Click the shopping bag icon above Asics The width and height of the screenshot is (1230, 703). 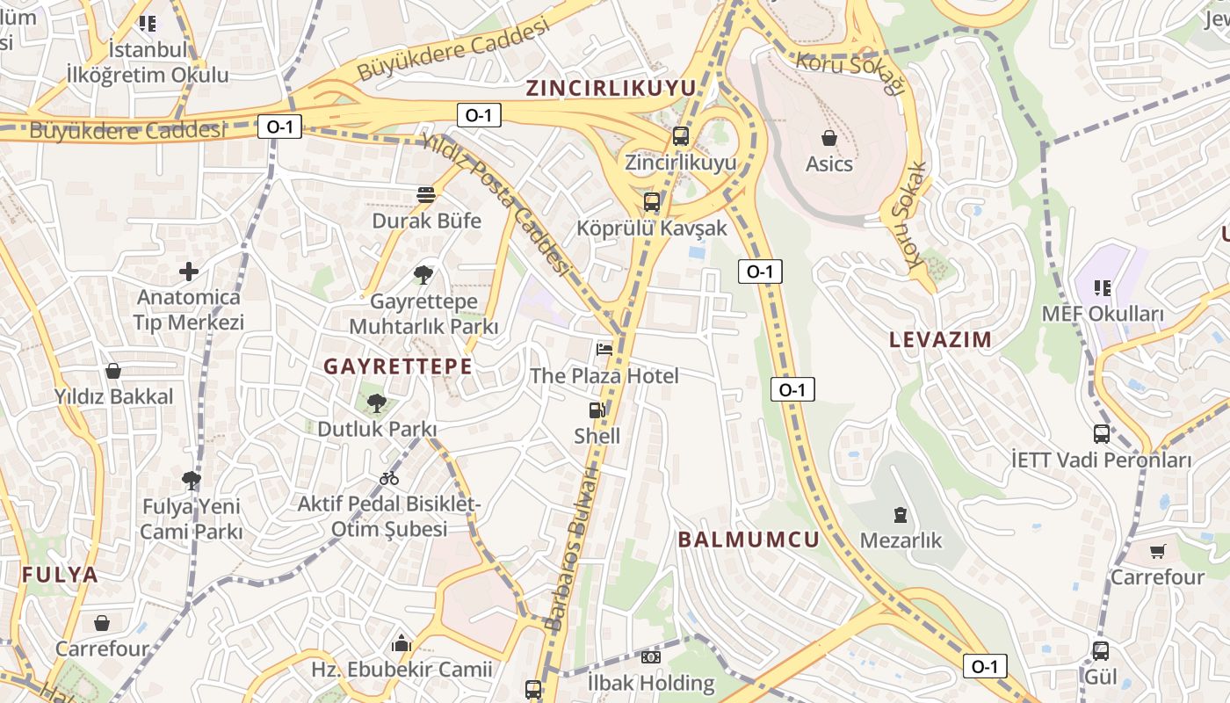(828, 138)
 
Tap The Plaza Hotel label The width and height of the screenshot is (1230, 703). (604, 376)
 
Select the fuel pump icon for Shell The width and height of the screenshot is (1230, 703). (597, 409)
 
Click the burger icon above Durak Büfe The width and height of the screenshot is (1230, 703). (426, 195)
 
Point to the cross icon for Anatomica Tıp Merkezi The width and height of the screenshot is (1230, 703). (188, 272)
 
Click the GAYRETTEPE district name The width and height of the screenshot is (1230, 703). (398, 366)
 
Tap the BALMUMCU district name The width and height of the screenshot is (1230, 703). (749, 540)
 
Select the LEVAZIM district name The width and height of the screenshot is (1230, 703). (940, 339)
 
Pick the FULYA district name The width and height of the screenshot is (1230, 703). (61, 575)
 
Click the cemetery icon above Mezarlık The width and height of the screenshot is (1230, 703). (900, 515)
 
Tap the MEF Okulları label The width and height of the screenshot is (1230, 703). (1102, 314)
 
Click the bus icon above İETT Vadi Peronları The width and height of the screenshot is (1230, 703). (1101, 434)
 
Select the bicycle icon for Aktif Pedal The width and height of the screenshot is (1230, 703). (389, 478)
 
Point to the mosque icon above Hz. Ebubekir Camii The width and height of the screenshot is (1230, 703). (402, 643)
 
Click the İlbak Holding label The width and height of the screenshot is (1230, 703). (651, 683)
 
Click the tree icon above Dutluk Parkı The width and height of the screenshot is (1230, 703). (377, 403)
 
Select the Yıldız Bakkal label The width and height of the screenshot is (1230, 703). (114, 396)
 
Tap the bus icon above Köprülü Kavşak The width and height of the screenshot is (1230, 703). (651, 202)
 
